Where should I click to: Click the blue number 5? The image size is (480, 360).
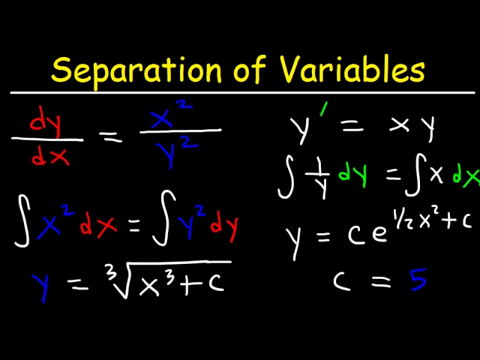(417, 280)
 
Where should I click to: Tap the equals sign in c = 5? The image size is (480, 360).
(374, 281)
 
